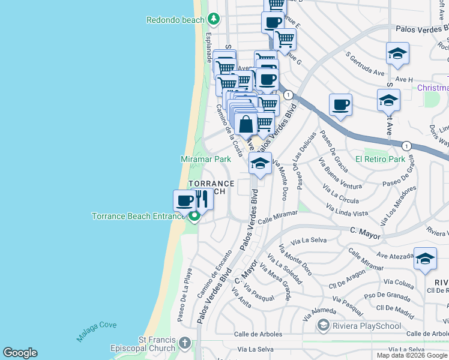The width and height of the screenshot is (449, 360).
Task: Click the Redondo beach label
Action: (175, 20)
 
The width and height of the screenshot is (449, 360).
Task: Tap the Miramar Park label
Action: (206, 160)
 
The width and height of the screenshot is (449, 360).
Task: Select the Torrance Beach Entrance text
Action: (138, 216)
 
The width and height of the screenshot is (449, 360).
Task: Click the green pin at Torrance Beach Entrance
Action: (194, 217)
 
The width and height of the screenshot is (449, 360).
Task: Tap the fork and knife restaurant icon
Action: (202, 199)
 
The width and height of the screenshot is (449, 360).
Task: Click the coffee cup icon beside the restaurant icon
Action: (184, 200)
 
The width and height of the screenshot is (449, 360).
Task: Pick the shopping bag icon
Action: (246, 125)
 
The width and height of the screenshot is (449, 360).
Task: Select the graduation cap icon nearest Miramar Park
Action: (260, 163)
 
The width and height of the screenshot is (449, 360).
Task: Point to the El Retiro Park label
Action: (380, 160)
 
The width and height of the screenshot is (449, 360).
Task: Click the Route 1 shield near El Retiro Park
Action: (406, 146)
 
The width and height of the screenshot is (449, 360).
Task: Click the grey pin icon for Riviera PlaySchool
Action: (324, 325)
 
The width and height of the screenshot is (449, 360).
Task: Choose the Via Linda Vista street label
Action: (347, 210)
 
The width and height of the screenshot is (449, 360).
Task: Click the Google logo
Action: (20, 353)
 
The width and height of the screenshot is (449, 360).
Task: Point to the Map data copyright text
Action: (411, 355)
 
